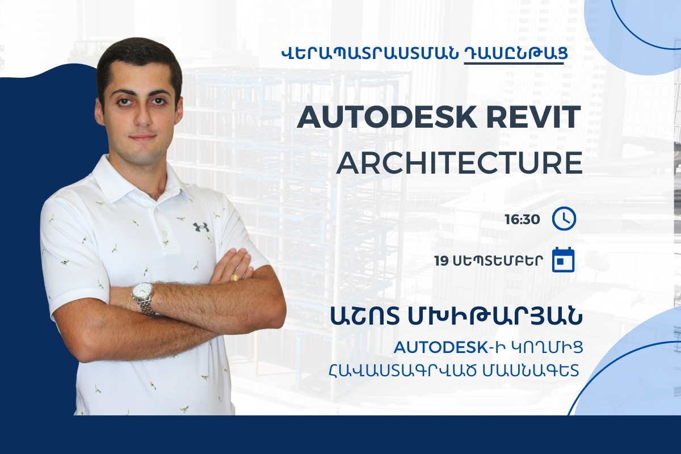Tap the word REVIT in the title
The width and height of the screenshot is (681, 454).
534,117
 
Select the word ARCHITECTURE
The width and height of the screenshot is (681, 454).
459,164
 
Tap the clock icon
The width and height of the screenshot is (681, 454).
564,219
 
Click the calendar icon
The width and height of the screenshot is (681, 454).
564,260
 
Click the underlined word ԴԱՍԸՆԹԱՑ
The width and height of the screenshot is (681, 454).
514,54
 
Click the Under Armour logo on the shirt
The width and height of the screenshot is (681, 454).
201,227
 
